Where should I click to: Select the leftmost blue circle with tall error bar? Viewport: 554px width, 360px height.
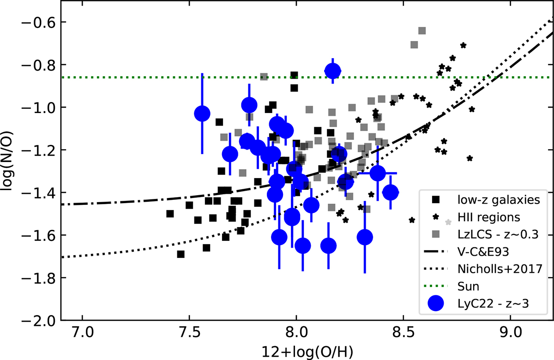point(202,113)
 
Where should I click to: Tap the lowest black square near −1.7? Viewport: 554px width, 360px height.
point(181,254)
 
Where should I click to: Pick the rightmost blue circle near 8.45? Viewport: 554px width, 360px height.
point(391,192)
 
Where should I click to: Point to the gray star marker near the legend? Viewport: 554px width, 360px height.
point(447,222)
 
